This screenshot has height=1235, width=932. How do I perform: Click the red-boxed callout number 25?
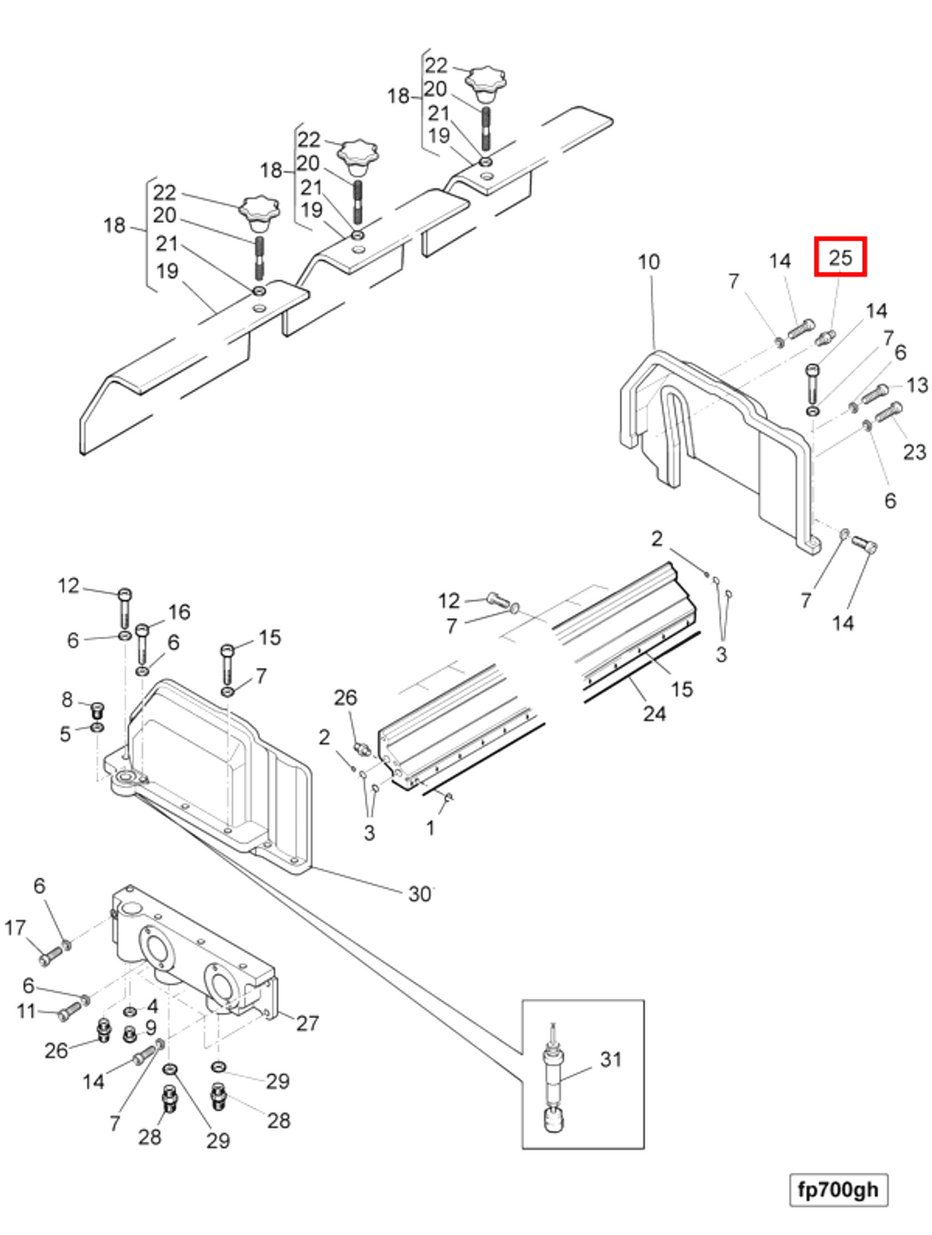(x=839, y=257)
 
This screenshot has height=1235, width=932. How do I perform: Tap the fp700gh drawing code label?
(x=838, y=1190)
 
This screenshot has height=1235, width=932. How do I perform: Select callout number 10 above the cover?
(x=649, y=262)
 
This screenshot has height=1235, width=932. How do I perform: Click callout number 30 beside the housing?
(x=419, y=894)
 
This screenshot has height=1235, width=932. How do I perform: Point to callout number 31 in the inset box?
(x=610, y=1059)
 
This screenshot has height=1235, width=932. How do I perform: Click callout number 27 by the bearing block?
(x=307, y=1024)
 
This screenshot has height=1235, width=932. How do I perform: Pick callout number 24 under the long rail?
(x=654, y=713)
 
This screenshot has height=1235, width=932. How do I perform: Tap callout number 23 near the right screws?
(x=914, y=452)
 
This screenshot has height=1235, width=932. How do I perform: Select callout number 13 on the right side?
(x=917, y=384)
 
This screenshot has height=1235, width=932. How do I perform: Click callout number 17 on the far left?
(x=15, y=928)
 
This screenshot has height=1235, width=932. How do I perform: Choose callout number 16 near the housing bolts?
(x=179, y=612)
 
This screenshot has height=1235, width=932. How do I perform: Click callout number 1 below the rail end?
(x=430, y=828)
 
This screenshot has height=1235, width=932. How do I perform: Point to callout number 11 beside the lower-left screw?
(x=26, y=1011)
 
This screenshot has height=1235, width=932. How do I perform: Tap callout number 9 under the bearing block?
(x=151, y=1028)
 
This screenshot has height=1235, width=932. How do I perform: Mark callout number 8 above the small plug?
(x=67, y=700)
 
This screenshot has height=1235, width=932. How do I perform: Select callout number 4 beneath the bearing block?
(x=153, y=1006)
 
